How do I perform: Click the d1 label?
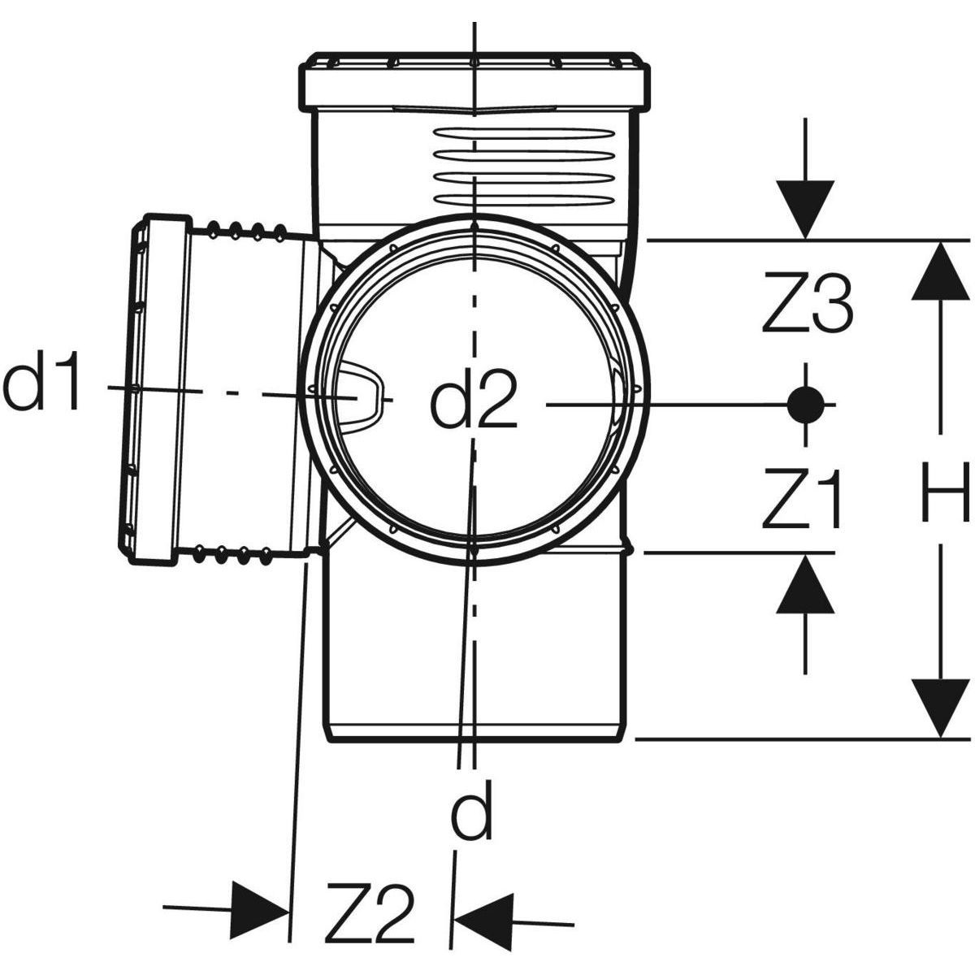[x=45, y=385]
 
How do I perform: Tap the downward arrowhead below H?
[x=941, y=708]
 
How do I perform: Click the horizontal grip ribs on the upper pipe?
[x=475, y=167]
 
